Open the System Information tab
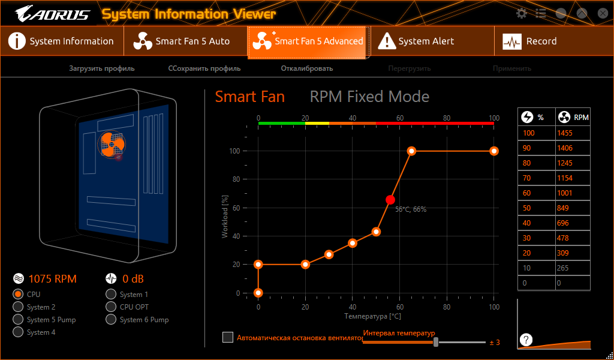tap(62, 41)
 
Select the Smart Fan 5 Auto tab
tap(185, 41)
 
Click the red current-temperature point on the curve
tap(390, 200)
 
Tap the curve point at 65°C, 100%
tap(411, 151)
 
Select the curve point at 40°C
tap(353, 243)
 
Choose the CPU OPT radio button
tap(111, 307)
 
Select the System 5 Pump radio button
tap(18, 319)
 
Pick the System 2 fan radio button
tap(18, 307)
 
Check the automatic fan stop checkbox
tap(228, 337)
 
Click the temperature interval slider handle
tap(436, 342)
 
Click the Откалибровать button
tap(306, 68)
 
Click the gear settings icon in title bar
tap(522, 13)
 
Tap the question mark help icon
tap(526, 340)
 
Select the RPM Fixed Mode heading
tap(369, 97)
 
